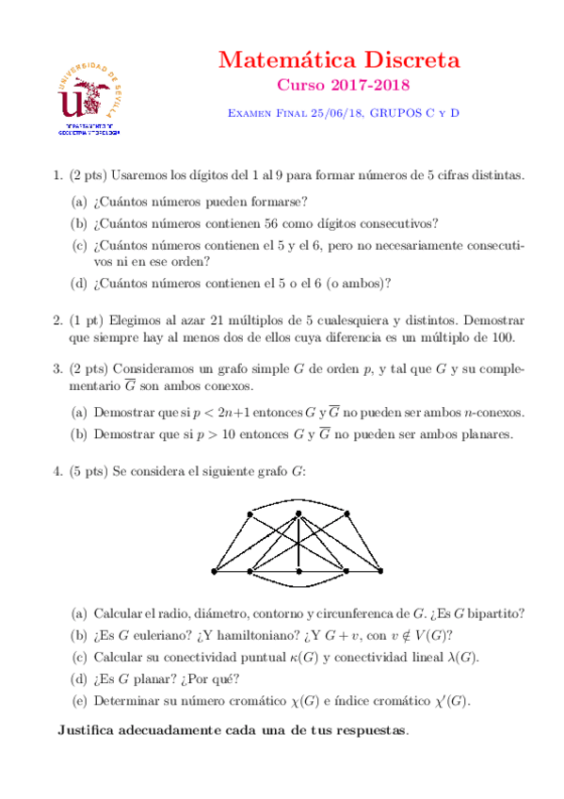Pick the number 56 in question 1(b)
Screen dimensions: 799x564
[x=286, y=223]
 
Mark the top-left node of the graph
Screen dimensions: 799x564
[x=249, y=514]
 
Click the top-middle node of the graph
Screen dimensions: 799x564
[x=298, y=514]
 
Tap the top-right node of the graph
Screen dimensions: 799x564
[x=347, y=514]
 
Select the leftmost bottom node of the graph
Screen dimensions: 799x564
[x=215, y=572]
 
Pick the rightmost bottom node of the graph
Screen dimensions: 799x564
[x=380, y=572]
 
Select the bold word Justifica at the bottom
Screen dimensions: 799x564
[x=91, y=729]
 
